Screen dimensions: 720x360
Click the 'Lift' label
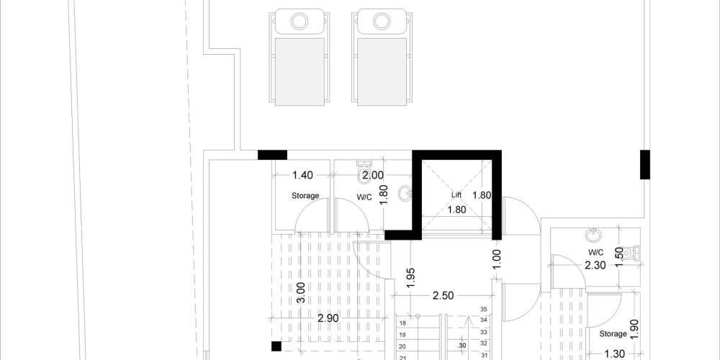456,195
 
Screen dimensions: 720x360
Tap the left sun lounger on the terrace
300,58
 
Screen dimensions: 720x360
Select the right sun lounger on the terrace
382,58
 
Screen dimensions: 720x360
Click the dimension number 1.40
302,175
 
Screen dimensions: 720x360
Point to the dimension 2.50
443,296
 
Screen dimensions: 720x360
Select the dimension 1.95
411,278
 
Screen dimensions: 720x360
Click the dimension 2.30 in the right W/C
595,265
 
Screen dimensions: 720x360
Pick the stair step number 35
483,310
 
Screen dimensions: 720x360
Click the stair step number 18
402,323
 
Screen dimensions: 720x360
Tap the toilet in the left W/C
364,168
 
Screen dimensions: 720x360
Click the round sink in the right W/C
593,235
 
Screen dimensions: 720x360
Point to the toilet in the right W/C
636,253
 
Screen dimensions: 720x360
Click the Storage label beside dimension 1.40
305,196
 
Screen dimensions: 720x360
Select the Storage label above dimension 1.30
613,334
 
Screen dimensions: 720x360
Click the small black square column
276,346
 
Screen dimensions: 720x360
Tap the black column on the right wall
645,164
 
